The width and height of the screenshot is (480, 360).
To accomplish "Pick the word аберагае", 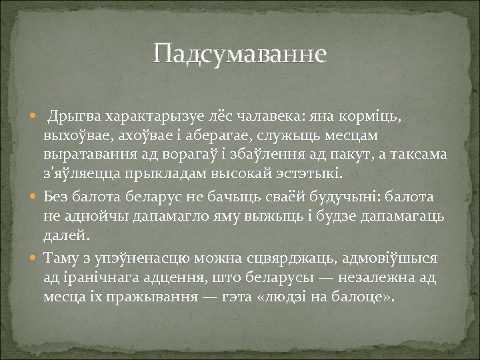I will click(221, 137).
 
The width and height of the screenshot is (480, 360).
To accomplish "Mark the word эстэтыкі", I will click(310, 175).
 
